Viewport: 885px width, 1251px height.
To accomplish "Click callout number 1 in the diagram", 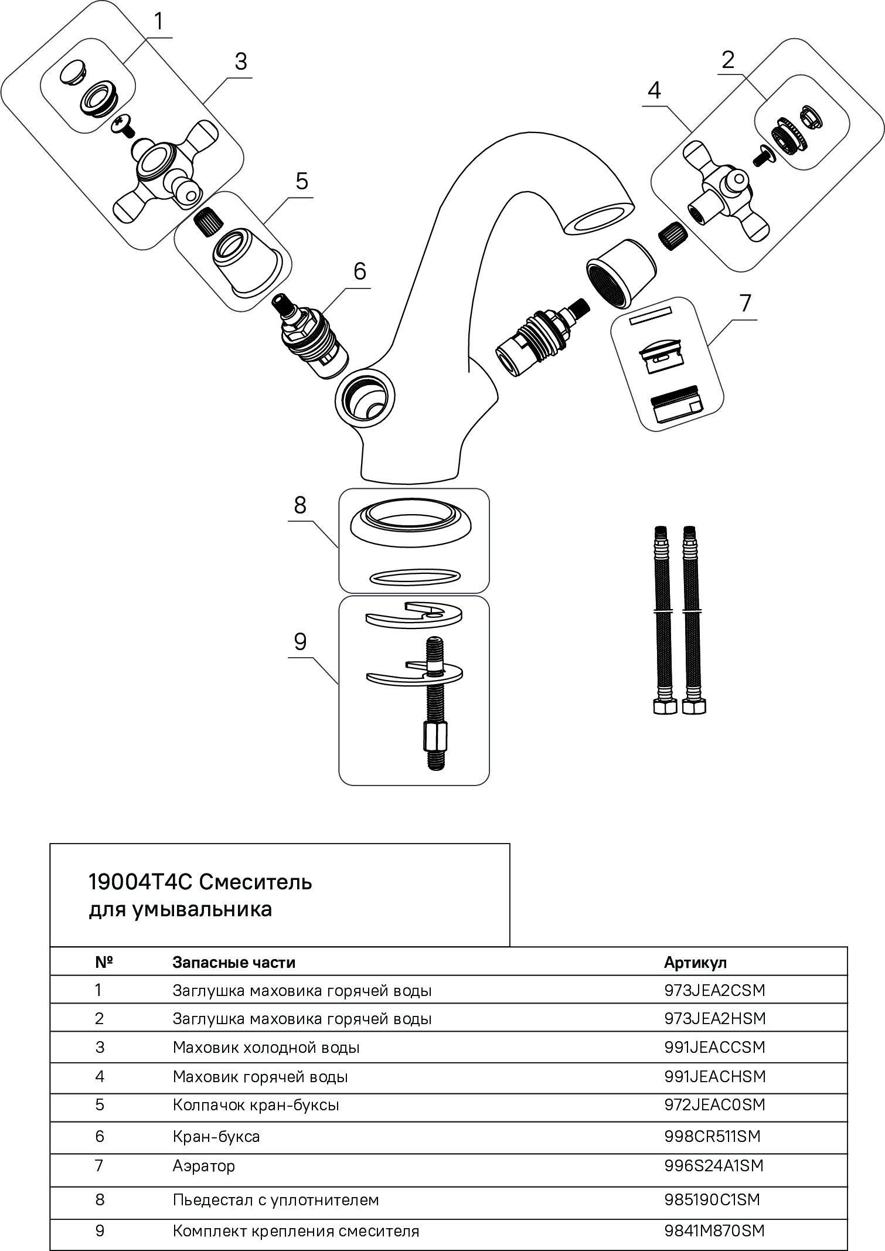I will pos(158,22).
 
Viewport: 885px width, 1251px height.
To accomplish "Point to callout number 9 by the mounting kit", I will pos(300,643).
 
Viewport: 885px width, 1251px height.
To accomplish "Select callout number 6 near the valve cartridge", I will pos(359,271).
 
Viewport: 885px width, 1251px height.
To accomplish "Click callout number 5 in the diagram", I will pos(301,182).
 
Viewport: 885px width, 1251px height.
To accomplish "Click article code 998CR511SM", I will pos(712,1136).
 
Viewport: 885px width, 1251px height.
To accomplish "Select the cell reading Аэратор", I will pos(203,1165).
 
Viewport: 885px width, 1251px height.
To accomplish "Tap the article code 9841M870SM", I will pos(714,1230).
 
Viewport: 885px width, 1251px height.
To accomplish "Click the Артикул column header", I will pos(695,962).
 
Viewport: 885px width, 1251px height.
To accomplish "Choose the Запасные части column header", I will pos(234,962).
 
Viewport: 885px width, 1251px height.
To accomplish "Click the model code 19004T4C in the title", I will pos(141,882).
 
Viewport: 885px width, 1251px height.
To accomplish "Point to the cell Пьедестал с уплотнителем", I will pos(275,1199).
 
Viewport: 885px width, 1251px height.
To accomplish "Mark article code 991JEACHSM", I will pos(714,1076).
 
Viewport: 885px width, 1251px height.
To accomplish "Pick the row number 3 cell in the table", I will pos(100,1047).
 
